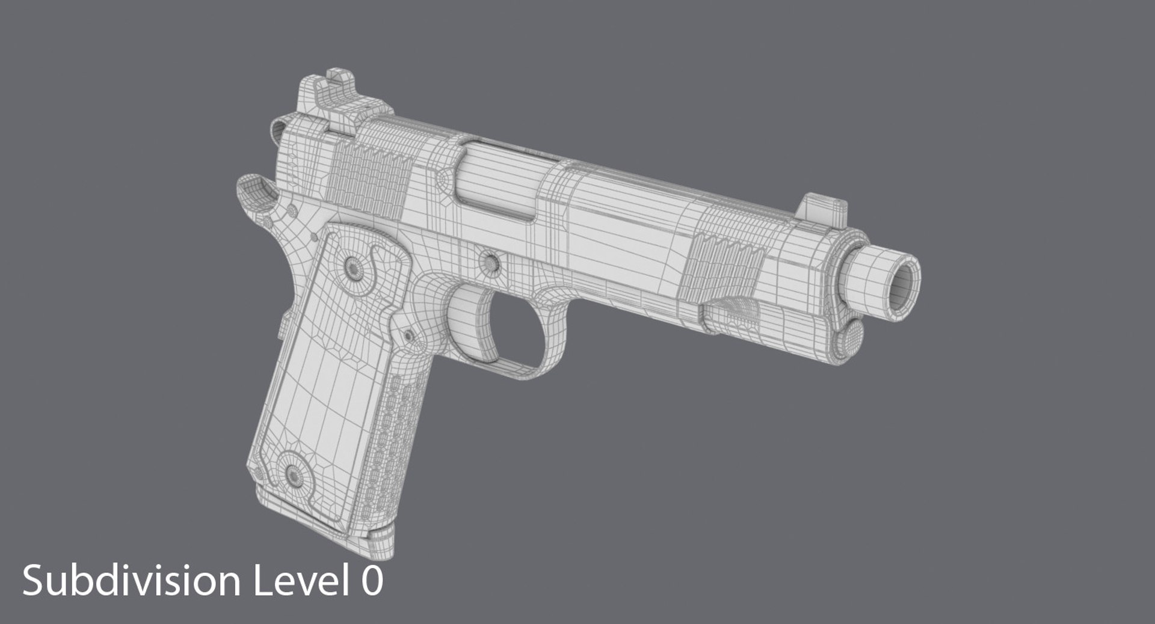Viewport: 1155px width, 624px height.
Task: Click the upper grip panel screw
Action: [x=352, y=266]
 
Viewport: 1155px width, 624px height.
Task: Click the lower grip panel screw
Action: [x=294, y=473]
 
